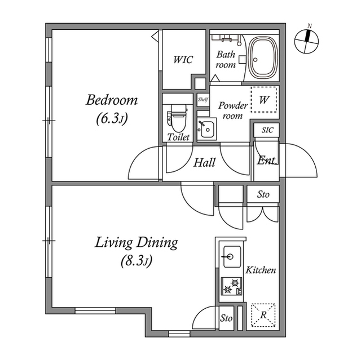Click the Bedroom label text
click(x=112, y=100)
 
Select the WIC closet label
click(x=183, y=60)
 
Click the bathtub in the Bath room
click(x=263, y=59)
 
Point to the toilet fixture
click(x=177, y=118)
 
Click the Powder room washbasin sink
click(x=207, y=130)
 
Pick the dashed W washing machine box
click(x=264, y=100)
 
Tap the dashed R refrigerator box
click(x=263, y=315)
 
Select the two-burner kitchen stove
click(x=232, y=286)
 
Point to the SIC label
click(x=267, y=130)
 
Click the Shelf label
click(x=203, y=100)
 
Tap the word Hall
click(x=204, y=162)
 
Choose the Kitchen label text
click(x=261, y=270)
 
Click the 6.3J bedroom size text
click(x=112, y=119)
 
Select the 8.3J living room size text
click(x=137, y=261)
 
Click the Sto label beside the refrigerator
click(x=226, y=318)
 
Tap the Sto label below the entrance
click(x=263, y=194)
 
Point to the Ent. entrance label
click(x=267, y=161)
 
